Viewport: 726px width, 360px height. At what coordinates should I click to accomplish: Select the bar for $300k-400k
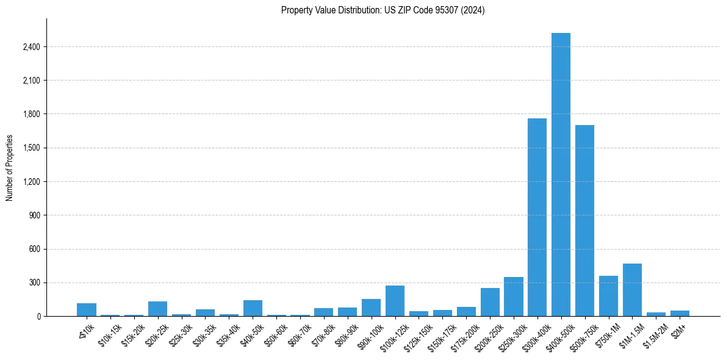(537, 217)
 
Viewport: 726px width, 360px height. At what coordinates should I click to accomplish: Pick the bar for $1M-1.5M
(632, 290)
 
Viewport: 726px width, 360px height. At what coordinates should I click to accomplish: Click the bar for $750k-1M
(608, 297)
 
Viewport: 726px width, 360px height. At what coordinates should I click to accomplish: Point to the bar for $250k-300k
(513, 297)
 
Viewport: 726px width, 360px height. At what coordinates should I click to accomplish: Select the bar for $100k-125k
(395, 301)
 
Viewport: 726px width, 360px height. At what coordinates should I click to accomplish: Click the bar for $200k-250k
(490, 303)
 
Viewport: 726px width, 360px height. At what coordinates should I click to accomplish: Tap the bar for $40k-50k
(253, 309)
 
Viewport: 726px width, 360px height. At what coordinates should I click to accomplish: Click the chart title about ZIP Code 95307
(383, 10)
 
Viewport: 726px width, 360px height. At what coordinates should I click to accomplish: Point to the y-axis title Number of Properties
(10, 168)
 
